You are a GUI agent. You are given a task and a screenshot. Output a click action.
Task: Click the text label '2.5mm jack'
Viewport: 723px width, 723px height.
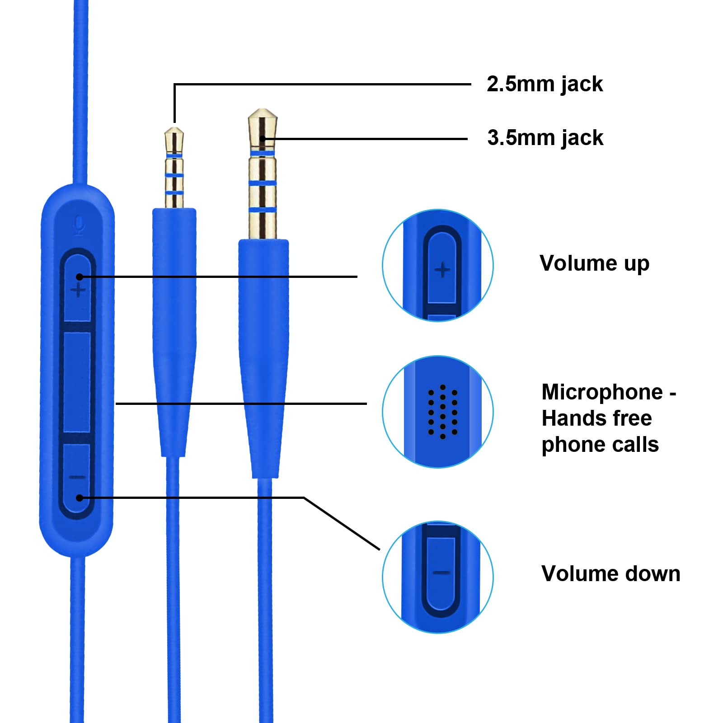[x=545, y=85]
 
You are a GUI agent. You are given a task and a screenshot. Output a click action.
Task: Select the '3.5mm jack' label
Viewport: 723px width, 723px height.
[x=545, y=138]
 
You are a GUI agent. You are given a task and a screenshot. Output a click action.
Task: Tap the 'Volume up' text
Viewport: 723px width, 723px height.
[x=594, y=263]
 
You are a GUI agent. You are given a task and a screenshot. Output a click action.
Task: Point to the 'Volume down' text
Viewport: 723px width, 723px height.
[x=610, y=573]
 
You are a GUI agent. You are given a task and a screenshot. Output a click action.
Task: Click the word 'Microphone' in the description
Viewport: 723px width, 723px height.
[x=602, y=392]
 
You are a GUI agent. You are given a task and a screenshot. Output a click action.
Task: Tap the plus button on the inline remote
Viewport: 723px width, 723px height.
[x=78, y=288]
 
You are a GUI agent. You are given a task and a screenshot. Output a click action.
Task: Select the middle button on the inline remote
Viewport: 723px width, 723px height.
[x=77, y=382]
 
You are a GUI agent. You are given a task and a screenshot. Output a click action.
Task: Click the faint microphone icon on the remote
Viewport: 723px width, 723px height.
[x=79, y=225]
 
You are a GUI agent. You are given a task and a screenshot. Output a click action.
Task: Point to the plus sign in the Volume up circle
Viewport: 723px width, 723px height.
[x=442, y=270]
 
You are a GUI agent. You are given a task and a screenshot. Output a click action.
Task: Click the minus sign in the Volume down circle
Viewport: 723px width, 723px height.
[x=441, y=573]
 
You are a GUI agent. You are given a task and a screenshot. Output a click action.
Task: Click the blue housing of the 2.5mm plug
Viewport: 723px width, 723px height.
[x=174, y=332]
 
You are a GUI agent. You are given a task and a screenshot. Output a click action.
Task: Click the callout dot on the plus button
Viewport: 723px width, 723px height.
[x=80, y=277]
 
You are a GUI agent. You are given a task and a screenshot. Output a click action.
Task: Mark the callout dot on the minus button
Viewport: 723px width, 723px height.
[x=80, y=498]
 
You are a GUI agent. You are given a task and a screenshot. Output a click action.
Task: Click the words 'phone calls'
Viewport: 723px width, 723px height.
[x=600, y=445]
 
